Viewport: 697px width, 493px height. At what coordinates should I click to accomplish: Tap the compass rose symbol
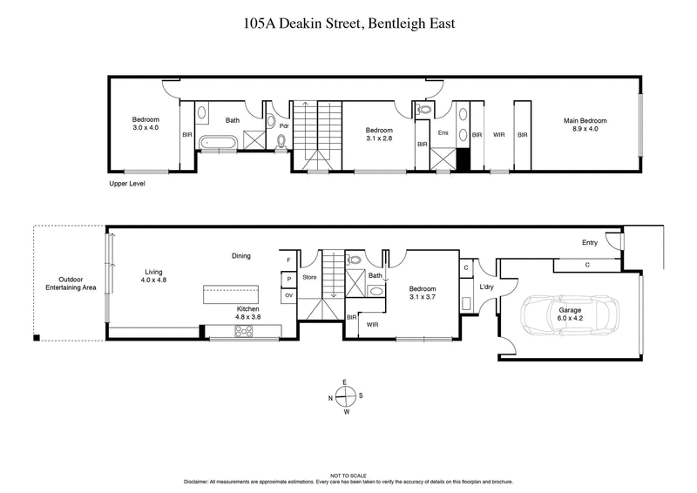point(346,396)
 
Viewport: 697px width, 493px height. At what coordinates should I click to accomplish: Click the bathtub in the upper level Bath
point(216,142)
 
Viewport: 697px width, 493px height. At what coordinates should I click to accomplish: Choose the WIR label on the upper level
point(499,135)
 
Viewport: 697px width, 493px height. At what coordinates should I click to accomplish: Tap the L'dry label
point(486,288)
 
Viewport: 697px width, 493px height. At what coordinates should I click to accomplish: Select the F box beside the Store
point(288,260)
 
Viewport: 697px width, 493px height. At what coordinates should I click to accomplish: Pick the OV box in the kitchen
point(288,296)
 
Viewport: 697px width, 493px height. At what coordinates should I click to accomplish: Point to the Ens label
point(443,133)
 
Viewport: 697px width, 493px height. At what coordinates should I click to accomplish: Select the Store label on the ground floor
point(309,279)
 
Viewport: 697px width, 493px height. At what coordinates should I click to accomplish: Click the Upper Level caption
point(127,184)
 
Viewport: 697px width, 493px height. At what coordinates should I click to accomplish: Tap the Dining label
point(241,256)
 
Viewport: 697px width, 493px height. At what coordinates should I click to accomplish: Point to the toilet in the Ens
point(425,110)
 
